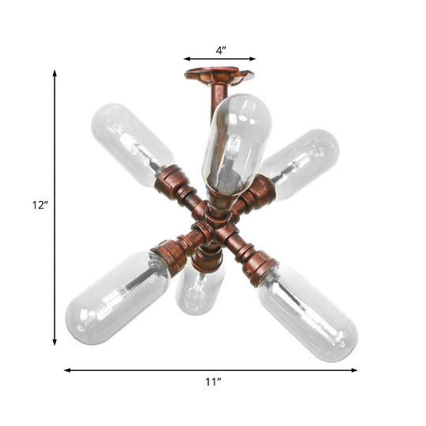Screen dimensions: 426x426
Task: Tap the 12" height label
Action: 39,205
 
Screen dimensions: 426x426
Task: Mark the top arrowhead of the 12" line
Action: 54,73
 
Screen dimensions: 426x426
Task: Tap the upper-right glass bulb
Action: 304,162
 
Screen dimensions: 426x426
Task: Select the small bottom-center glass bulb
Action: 197,290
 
